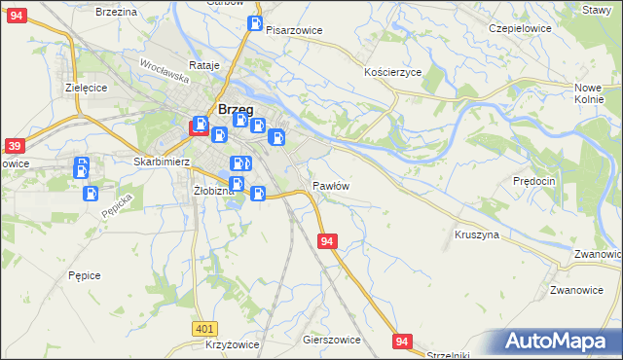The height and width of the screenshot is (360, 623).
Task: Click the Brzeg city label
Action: click(x=237, y=110)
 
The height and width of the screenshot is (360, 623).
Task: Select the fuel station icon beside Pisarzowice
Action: click(x=254, y=23)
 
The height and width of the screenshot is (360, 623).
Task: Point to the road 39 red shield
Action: click(x=14, y=146)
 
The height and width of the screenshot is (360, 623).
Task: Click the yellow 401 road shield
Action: click(x=203, y=330)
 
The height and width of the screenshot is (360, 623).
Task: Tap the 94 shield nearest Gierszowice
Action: click(x=404, y=341)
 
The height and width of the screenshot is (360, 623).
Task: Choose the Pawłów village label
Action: click(x=331, y=185)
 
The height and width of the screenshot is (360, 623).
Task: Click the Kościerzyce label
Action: click(x=392, y=73)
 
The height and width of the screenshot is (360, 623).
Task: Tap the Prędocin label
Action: click(x=534, y=181)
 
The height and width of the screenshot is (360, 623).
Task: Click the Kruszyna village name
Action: click(x=477, y=234)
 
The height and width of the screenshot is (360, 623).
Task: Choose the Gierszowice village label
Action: click(x=332, y=341)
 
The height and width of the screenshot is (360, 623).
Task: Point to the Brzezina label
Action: click(x=116, y=11)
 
